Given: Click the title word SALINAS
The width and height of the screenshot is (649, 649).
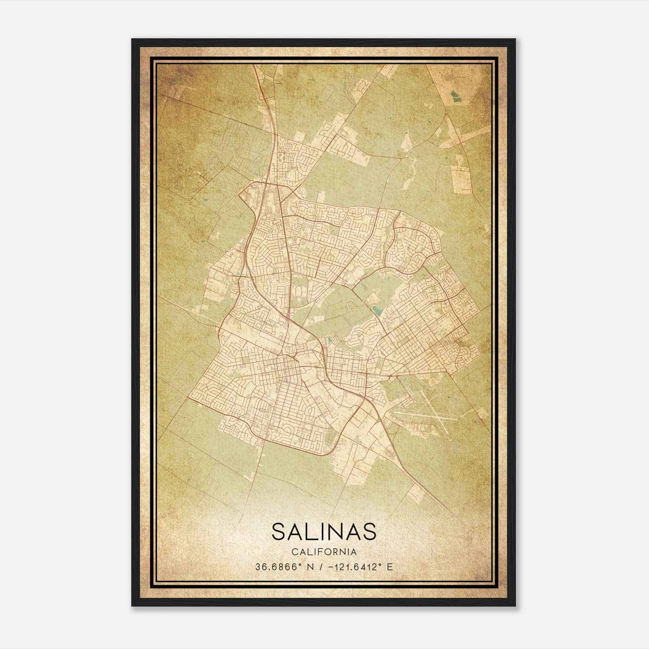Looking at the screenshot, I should click(x=324, y=531).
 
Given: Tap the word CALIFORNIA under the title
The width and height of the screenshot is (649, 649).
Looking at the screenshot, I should click(x=324, y=552).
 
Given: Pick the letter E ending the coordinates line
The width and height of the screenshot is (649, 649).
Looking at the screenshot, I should click(x=390, y=567).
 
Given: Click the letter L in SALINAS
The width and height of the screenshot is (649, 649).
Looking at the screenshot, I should click(x=311, y=531).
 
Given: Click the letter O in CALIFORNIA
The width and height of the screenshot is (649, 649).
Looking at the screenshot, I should click(x=328, y=552).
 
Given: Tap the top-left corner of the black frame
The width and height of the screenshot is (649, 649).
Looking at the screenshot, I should click(x=133, y=40).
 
